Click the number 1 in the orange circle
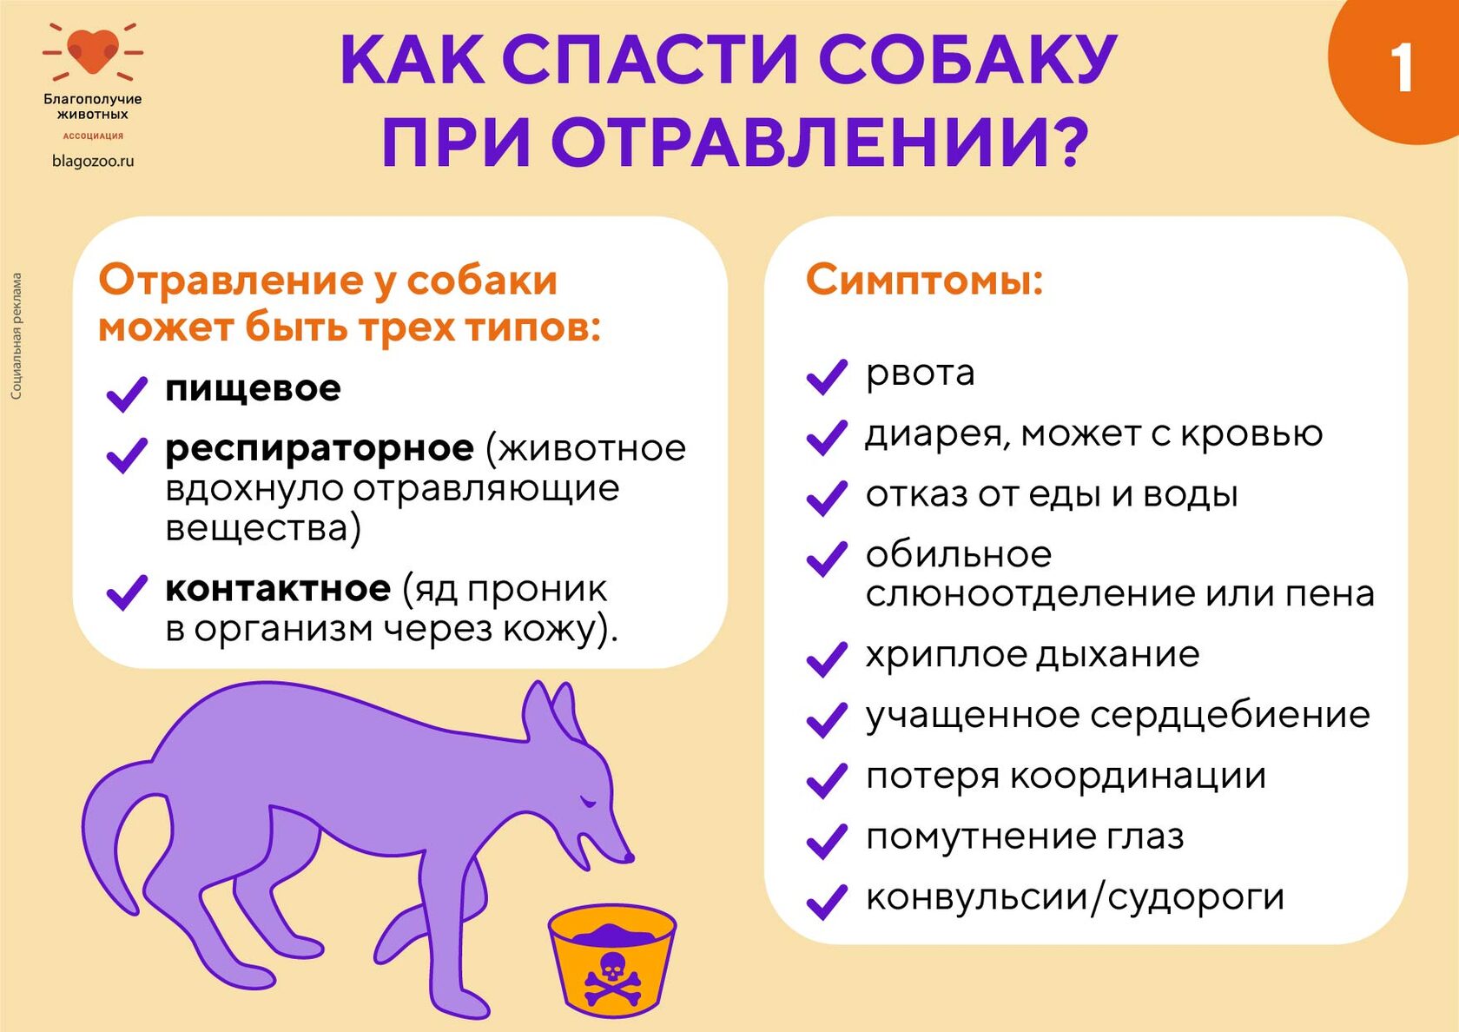(x=1400, y=69)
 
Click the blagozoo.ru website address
(x=93, y=161)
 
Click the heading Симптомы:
(x=924, y=280)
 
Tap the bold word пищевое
(x=253, y=389)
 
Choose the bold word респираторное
(x=320, y=448)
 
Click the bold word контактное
(x=278, y=588)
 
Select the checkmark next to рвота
(x=826, y=377)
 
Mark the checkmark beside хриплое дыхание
(x=826, y=658)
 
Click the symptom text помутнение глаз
(x=1025, y=837)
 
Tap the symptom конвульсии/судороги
(x=1075, y=898)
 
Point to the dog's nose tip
(x=629, y=857)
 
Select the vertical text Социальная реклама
(x=17, y=336)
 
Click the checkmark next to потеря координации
(x=826, y=781)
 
